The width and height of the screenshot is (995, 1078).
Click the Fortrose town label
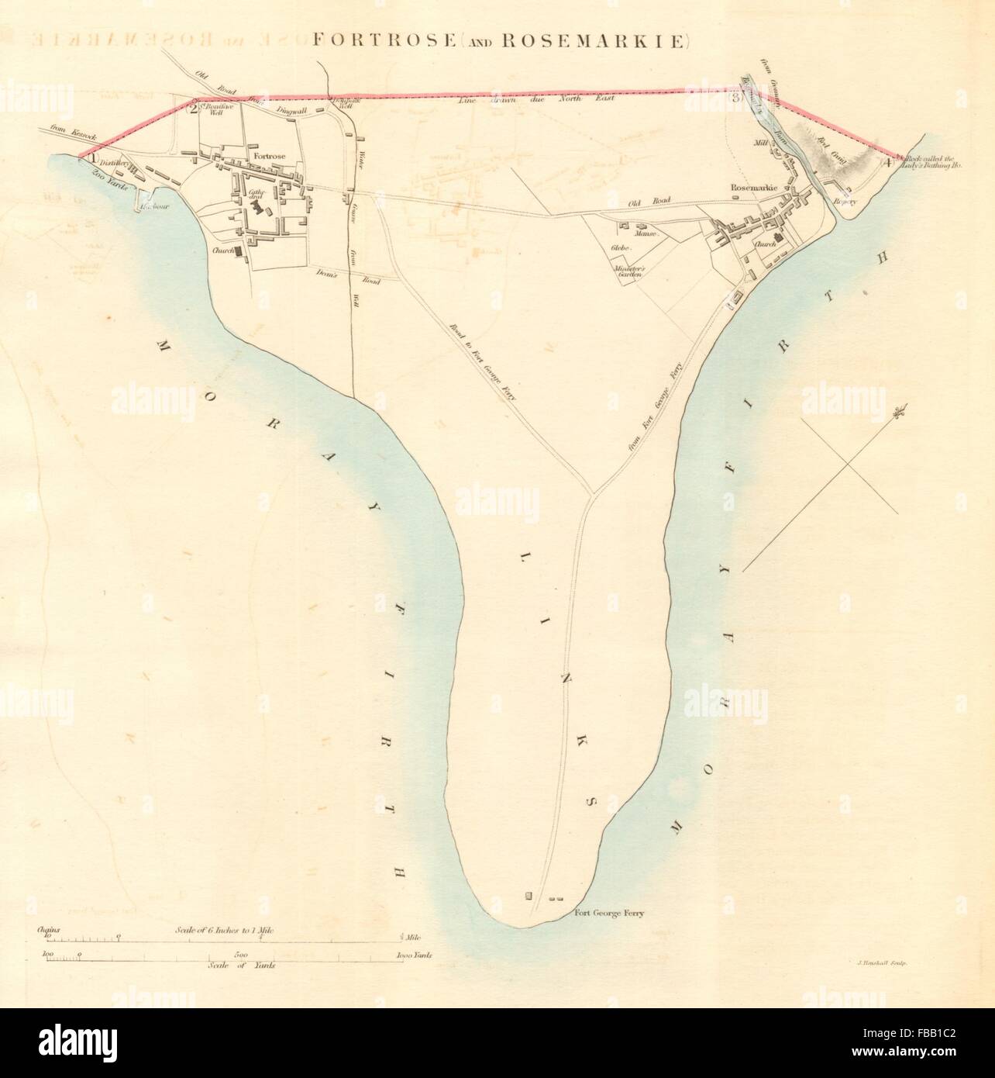[266, 155]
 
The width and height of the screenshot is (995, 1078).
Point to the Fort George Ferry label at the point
[609, 913]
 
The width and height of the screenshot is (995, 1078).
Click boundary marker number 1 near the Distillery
[92, 157]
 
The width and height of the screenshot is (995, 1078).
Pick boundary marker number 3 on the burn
[734, 97]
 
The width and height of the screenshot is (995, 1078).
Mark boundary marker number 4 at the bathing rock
[887, 163]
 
